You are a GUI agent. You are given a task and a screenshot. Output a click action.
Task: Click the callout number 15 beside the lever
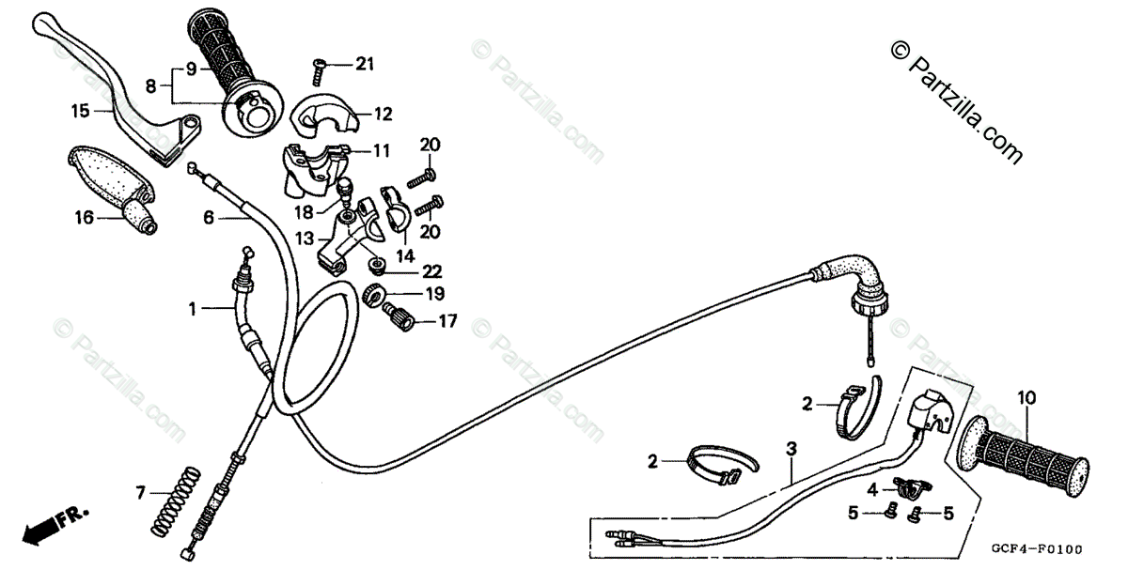pyautogui.click(x=80, y=110)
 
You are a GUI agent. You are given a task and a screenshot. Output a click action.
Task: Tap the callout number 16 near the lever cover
pyautogui.click(x=84, y=218)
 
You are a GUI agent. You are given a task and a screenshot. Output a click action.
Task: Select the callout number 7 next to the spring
pyautogui.click(x=141, y=492)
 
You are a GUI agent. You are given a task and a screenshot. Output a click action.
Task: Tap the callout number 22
pyautogui.click(x=431, y=270)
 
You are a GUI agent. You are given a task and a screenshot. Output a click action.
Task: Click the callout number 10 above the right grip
pyautogui.click(x=1026, y=397)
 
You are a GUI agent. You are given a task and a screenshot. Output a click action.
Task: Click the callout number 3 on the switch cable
pyautogui.click(x=791, y=449)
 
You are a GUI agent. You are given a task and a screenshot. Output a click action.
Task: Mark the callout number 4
pyautogui.click(x=871, y=488)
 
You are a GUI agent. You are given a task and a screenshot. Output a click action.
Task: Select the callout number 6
pyautogui.click(x=209, y=218)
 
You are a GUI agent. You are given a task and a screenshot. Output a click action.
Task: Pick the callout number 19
pyautogui.click(x=431, y=293)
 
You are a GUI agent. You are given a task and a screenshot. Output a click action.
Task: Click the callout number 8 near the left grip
pyautogui.click(x=150, y=85)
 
